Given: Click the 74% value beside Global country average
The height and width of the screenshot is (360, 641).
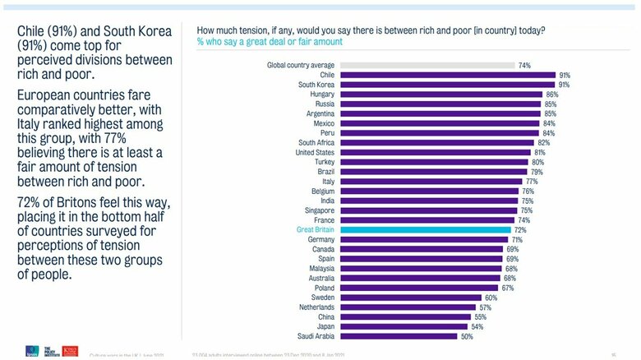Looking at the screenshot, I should (523, 65).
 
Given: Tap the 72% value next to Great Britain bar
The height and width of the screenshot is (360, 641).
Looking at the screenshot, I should (520, 230).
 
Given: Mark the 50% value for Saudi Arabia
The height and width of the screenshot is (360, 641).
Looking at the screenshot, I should (467, 336).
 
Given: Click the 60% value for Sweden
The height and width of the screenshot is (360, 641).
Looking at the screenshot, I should (491, 298).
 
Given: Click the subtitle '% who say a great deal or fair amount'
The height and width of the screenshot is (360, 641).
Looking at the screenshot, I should (270, 41).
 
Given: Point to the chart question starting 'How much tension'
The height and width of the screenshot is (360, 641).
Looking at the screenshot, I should (370, 30).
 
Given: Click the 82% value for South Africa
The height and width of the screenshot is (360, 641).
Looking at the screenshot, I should (543, 143).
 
